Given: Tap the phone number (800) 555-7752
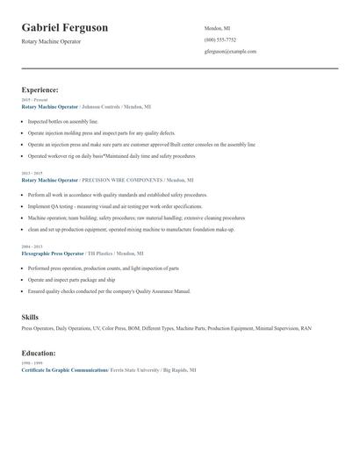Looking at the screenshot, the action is pyautogui.click(x=220, y=39).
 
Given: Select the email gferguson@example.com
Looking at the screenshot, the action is pyautogui.click(x=230, y=51).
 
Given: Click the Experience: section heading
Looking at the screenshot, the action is pyautogui.click(x=40, y=89).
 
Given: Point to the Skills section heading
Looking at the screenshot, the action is pyautogui.click(x=30, y=315).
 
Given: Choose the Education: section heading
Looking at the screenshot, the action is pyautogui.click(x=39, y=353).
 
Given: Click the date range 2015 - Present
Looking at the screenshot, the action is pyautogui.click(x=34, y=100).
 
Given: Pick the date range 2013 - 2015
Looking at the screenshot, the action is pyautogui.click(x=32, y=174).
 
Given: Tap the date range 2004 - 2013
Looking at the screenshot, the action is pyautogui.click(x=32, y=247).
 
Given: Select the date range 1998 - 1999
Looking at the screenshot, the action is pyautogui.click(x=32, y=363).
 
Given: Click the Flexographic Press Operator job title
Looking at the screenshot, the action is pyautogui.click(x=53, y=254).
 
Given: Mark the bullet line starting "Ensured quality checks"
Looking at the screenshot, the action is pyautogui.click(x=109, y=290).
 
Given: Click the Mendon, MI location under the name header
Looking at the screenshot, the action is pyautogui.click(x=218, y=28).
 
